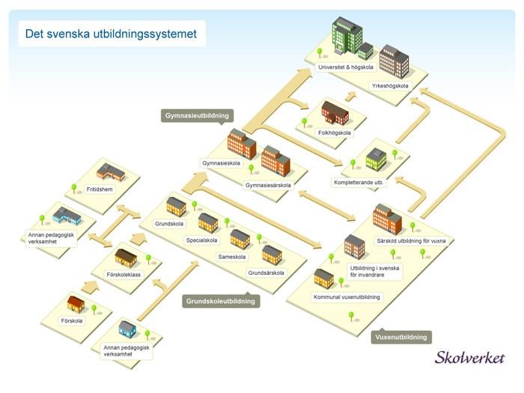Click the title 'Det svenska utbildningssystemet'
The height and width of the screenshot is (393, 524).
pos(111,34)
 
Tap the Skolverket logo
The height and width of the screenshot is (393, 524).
pos(469,358)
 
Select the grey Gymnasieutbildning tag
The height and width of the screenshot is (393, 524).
pos(197,115)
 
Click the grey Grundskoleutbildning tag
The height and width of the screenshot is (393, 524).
pos(221,301)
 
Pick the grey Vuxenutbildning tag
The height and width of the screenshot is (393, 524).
pos(401,337)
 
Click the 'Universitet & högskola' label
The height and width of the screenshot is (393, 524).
pos(346,67)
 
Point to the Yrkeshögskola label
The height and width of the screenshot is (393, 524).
pos(390,86)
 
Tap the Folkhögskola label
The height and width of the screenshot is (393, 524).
pos(334,133)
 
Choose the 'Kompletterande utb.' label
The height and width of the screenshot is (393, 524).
pos(359,183)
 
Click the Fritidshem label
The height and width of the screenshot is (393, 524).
pos(100,189)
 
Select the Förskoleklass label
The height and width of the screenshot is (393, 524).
pos(124,275)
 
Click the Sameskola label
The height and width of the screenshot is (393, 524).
pos(232,257)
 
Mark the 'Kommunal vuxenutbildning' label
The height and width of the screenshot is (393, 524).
pos(347,297)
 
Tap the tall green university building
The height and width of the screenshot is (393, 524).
pos(347,35)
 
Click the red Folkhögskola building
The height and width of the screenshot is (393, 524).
pos(335,112)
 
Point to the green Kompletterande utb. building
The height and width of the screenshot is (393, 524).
pos(376,159)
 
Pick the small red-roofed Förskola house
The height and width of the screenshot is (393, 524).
pos(76,304)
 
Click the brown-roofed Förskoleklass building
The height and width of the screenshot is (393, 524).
pos(126,258)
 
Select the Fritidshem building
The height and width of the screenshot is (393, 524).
pos(110,172)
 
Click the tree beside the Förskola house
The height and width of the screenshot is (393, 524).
pos(94,309)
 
